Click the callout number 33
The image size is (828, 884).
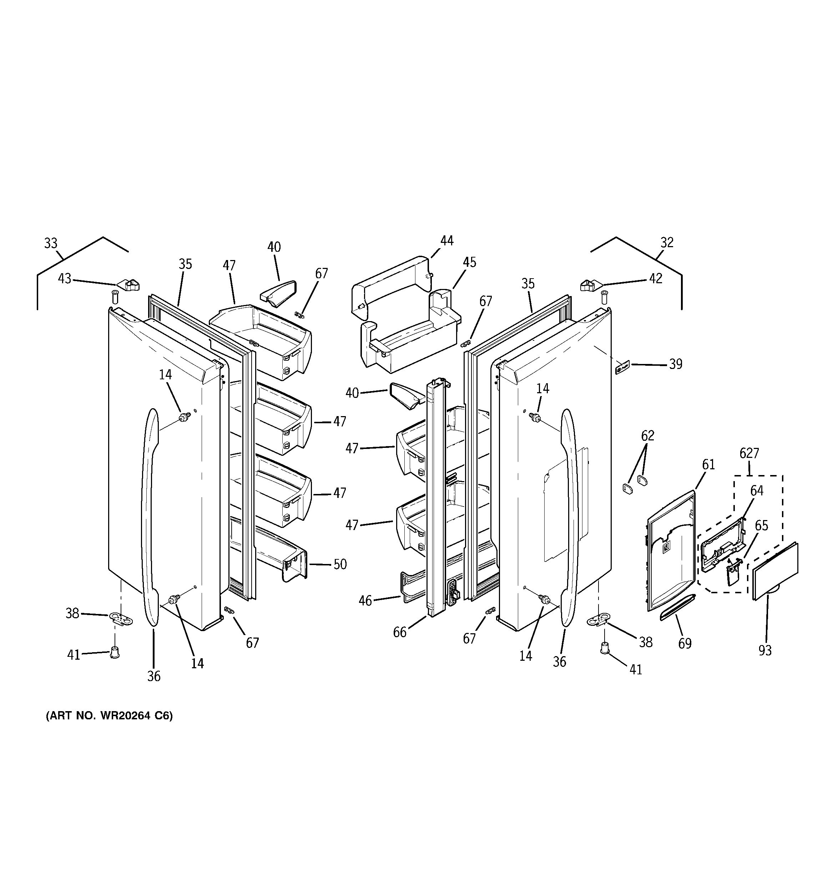(x=51, y=243)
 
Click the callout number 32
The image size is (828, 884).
(x=667, y=243)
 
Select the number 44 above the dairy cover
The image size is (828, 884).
(x=447, y=241)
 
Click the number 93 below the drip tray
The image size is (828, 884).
(x=765, y=650)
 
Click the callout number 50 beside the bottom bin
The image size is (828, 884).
(x=340, y=564)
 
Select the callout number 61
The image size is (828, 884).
(x=708, y=465)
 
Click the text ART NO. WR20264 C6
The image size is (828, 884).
(x=109, y=716)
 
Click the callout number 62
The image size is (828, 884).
(x=647, y=435)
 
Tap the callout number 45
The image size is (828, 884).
(x=469, y=263)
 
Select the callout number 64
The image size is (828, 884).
(x=757, y=490)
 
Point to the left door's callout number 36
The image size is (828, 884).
(x=154, y=676)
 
